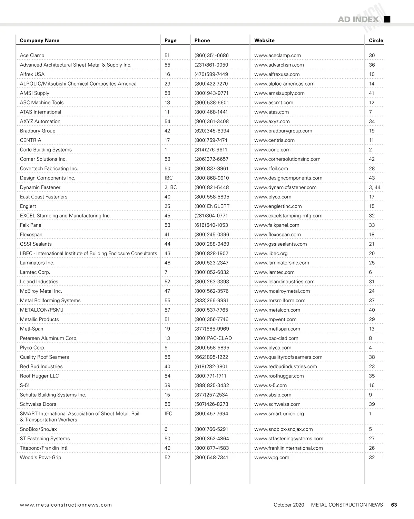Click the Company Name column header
point(39,40)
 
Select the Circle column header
point(376,40)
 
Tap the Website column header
point(264,40)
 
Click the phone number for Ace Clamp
point(211,55)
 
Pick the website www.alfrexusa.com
point(277,74)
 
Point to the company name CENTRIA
point(30,140)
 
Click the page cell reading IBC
point(168,178)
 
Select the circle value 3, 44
point(374,187)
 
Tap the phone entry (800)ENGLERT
point(211,206)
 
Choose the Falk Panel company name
point(31,225)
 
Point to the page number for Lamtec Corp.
point(166,272)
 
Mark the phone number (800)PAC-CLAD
point(213,338)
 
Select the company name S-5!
point(24,385)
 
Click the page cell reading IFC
point(168,414)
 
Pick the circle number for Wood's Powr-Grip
point(372,458)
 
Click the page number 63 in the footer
point(394,505)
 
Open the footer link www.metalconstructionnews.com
point(66,505)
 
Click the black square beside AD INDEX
point(387,19)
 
